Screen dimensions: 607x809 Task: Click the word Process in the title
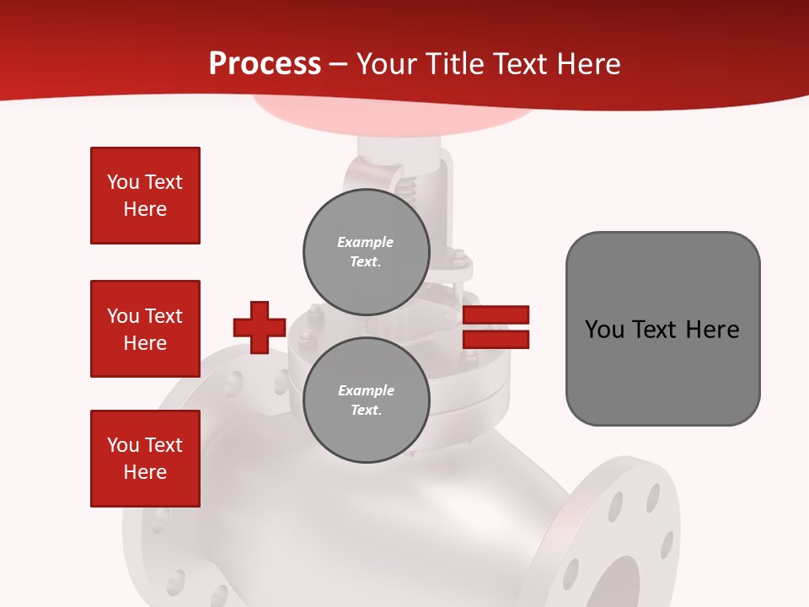265,64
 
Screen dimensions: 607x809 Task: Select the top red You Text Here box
145,196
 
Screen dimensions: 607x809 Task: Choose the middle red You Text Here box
145,329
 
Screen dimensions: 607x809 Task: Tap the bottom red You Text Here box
145,459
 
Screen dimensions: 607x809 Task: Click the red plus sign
260,327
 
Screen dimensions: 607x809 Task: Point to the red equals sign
496,327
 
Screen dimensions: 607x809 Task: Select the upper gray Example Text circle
366,251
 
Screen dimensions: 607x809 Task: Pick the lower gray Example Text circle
366,400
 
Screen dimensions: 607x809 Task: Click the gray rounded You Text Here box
662,329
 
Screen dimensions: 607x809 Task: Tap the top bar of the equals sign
496,315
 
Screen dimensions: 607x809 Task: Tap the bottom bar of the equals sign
496,340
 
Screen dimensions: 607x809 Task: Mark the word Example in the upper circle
366,242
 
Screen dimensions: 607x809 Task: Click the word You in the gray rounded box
604,330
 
